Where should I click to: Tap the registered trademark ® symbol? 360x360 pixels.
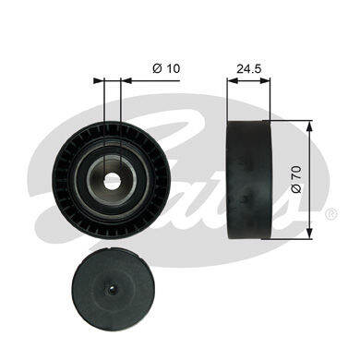pos(330,214)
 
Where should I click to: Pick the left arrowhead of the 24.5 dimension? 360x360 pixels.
pos(232,80)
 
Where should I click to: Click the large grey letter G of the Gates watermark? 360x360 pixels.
pos(74,157)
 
